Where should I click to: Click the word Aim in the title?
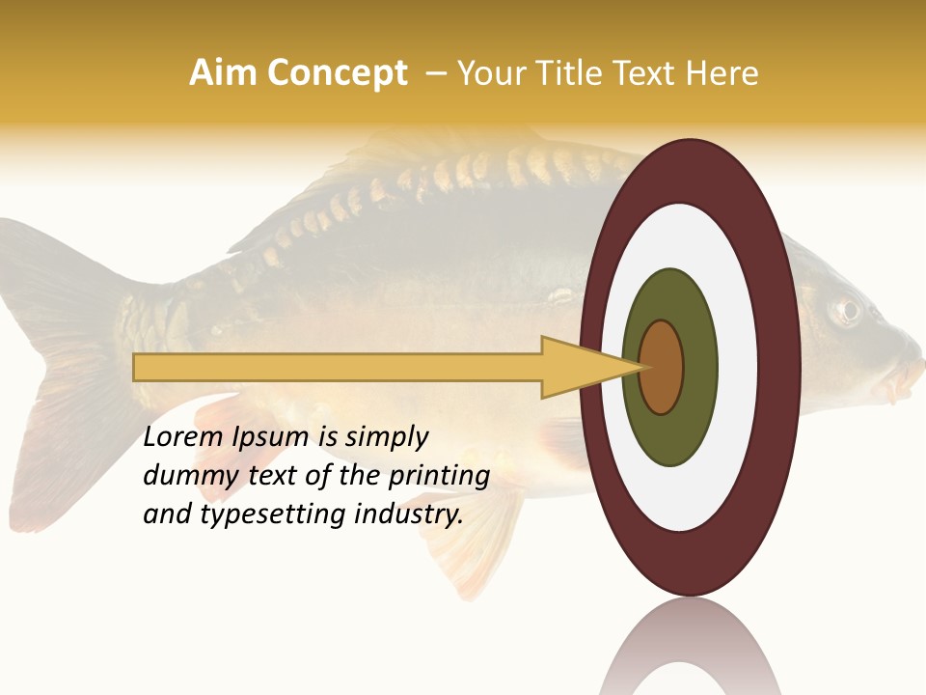[x=221, y=73]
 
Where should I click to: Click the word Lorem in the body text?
[x=184, y=437]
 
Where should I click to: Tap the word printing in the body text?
[x=439, y=476]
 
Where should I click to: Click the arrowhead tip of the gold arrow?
[x=642, y=367]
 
